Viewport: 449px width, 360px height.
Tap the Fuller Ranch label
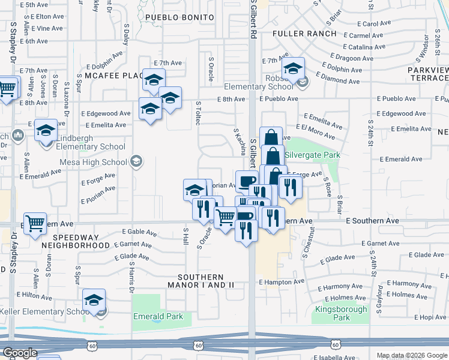pyautogui.click(x=304, y=34)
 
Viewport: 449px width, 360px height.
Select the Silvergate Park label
pyautogui.click(x=312, y=155)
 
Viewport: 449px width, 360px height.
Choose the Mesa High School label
pyautogui.click(x=93, y=161)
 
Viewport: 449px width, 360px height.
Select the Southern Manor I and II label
pyautogui.click(x=205, y=280)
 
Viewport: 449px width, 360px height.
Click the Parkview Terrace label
pyautogui.click(x=428, y=74)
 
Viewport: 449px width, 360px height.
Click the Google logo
pyautogui.click(x=19, y=353)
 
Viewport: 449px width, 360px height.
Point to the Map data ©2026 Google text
pyautogui.click(x=411, y=355)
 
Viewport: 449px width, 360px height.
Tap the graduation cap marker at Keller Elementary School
pyautogui.click(x=94, y=300)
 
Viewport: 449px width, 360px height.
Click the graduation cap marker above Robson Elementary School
pyautogui.click(x=294, y=68)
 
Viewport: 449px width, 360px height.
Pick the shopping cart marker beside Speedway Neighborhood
pyautogui.click(x=35, y=224)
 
